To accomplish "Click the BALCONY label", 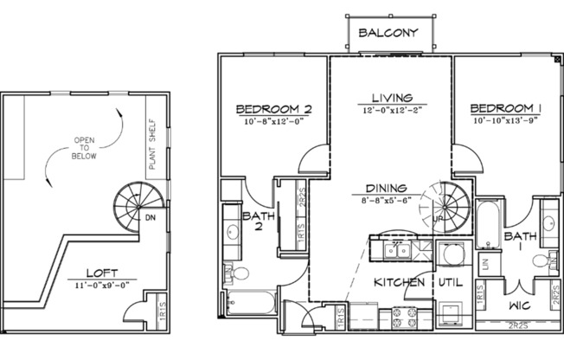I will point(390,34).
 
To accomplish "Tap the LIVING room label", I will point(391,98).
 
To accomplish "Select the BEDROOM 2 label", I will point(273,110).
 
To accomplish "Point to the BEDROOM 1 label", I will point(506,109).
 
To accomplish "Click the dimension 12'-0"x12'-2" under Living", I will point(391,111).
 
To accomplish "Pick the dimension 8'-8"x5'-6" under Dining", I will point(392,197).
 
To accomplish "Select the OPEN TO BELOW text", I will point(85,148).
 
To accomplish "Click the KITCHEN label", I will point(399,282).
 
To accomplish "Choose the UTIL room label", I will point(448,282).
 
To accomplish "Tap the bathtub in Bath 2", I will point(250,303).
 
